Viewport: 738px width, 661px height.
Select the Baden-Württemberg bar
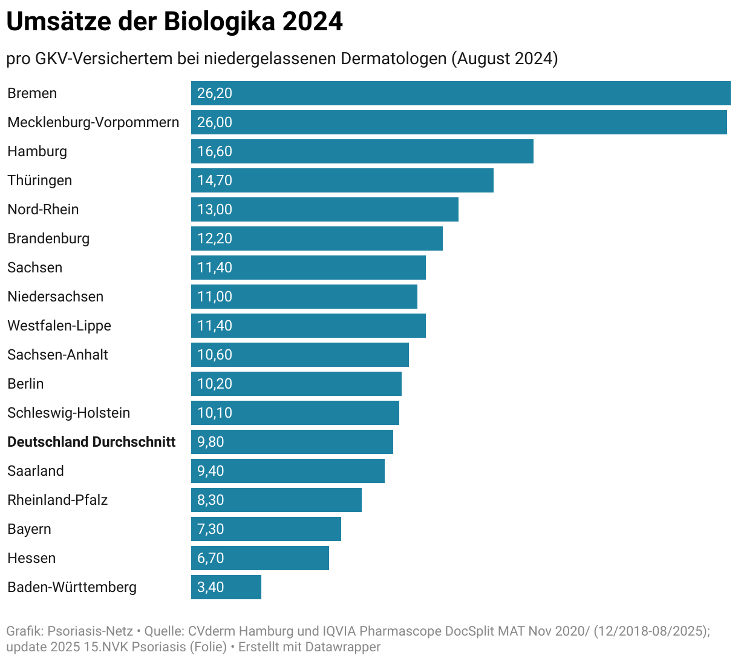point(226,587)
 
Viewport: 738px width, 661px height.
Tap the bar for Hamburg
point(362,151)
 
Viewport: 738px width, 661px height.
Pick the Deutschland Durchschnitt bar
point(292,442)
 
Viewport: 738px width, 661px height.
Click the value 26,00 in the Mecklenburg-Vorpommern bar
point(214,122)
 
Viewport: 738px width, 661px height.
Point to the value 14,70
point(214,180)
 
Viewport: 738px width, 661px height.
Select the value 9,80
point(211,442)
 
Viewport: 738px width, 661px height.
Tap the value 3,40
point(211,587)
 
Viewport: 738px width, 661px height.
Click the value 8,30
point(211,500)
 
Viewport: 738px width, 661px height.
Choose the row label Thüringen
point(39,180)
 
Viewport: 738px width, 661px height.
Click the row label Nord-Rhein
point(43,209)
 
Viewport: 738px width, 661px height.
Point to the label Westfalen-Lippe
point(59,326)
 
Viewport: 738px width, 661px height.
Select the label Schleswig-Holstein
point(68,413)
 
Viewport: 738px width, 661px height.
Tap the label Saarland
point(35,471)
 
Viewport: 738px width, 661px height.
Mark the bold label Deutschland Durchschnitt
point(91,442)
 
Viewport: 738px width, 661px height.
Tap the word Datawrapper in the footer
point(342,646)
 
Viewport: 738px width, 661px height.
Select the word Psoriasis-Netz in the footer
point(90,631)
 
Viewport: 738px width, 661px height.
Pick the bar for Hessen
point(260,558)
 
